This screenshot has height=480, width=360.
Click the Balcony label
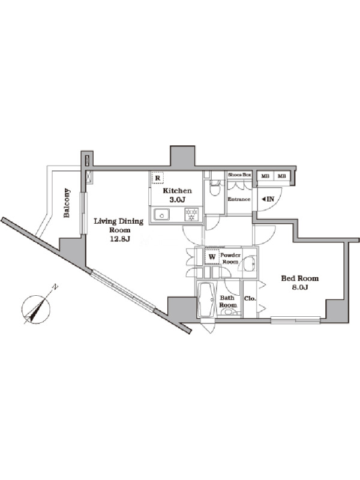point(67,203)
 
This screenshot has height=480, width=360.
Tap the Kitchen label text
point(177,191)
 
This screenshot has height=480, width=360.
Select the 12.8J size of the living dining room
point(120,239)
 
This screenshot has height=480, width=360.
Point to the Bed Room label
point(299,278)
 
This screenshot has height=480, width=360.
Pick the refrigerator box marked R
point(157,178)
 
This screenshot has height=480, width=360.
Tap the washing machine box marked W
point(212,257)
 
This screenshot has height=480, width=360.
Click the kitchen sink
point(161,214)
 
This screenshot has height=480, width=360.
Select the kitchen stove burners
point(191,214)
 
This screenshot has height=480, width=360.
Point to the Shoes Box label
point(239,175)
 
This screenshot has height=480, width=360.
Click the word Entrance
point(239,199)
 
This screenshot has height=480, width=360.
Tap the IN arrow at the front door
point(268,199)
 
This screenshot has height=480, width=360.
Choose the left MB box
point(265,176)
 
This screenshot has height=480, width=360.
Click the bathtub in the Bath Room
point(207,299)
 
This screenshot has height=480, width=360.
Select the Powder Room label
point(230,259)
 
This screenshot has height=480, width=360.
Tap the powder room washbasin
point(250,263)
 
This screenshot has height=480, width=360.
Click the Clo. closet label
point(250,298)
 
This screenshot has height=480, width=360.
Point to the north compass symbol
point(36,309)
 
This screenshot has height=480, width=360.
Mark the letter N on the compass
point(55,287)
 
